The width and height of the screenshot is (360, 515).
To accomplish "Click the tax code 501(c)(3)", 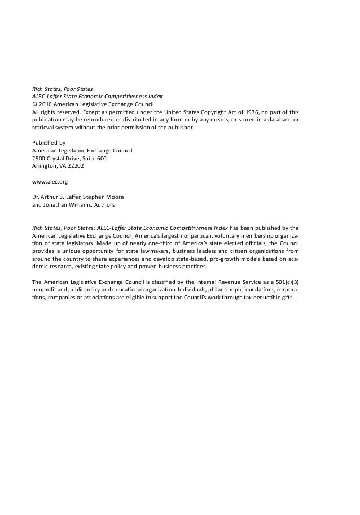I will coord(284,281).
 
